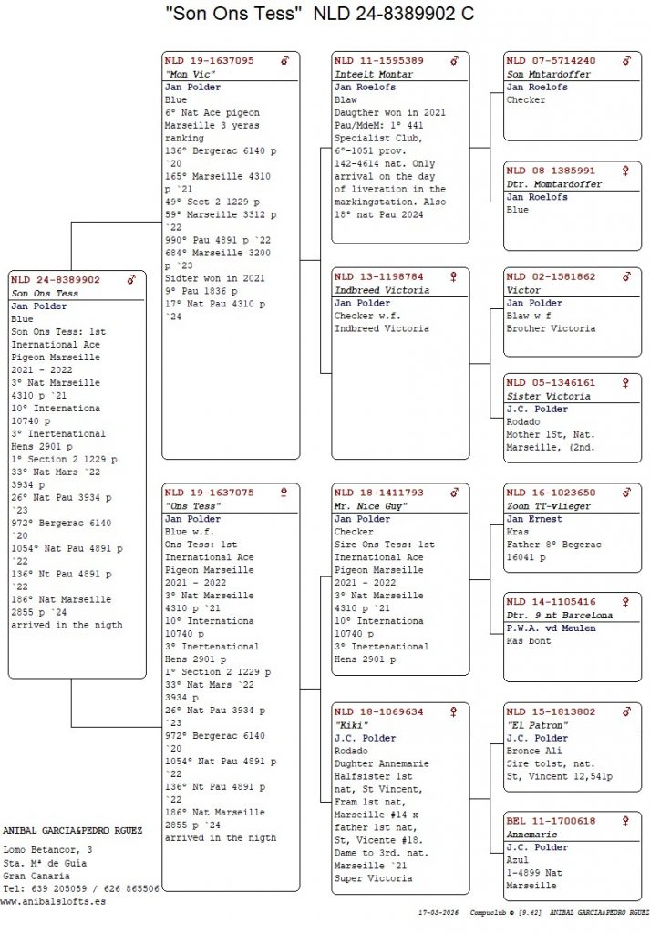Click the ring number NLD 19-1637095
[209, 60]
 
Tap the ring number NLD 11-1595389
[378, 60]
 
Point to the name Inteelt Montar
[374, 74]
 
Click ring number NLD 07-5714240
[551, 60]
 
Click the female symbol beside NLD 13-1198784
[454, 276]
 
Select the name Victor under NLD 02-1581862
[524, 289]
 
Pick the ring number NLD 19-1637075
[209, 493]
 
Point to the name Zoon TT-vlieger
[549, 505]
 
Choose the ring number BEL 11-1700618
[551, 821]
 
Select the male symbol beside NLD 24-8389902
[131, 280]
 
